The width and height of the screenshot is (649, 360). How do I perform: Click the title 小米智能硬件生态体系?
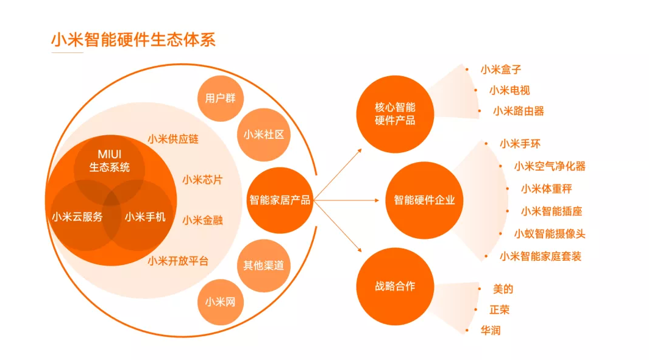(x=133, y=40)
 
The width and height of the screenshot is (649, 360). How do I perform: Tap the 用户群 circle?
(x=220, y=99)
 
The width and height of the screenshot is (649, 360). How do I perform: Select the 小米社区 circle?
(x=264, y=135)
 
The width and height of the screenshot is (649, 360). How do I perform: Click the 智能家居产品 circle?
(x=280, y=200)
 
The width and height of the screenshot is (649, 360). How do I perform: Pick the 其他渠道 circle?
(x=264, y=266)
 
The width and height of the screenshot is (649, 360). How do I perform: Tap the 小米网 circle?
(x=220, y=302)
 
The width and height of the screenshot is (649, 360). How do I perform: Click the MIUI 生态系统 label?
(x=109, y=161)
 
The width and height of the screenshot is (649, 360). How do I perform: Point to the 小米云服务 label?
(x=77, y=217)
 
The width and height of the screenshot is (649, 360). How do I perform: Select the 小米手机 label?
(x=145, y=217)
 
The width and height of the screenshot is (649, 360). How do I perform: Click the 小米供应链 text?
(x=173, y=139)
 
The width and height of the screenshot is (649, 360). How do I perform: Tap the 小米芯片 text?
(x=203, y=180)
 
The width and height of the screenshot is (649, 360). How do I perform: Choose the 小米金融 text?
(x=203, y=220)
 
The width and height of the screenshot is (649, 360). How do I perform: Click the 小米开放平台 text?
(x=178, y=261)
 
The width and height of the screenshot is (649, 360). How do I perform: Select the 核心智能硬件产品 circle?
(x=395, y=114)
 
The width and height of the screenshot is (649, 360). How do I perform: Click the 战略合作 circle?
(x=395, y=286)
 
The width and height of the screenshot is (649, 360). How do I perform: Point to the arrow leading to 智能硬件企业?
(x=346, y=200)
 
